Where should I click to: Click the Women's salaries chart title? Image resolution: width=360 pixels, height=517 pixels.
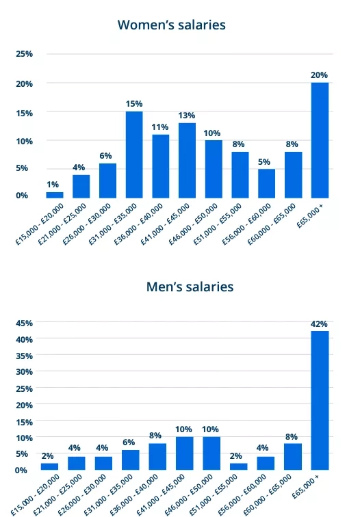(171, 25)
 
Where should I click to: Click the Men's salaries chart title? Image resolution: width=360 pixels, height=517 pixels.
(190, 286)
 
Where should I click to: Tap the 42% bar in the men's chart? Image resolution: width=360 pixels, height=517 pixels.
(320, 400)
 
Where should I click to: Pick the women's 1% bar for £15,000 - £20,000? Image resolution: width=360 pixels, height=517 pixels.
(55, 196)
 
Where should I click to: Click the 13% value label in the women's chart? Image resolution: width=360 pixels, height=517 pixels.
(187, 115)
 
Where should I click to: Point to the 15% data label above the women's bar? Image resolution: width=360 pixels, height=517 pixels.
(134, 103)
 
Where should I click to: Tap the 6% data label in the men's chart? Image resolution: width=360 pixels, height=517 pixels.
(129, 442)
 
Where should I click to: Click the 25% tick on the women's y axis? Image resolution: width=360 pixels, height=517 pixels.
(24, 54)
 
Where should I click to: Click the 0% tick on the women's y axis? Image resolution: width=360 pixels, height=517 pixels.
(23, 196)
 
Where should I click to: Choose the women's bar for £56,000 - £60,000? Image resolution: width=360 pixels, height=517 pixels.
(267, 184)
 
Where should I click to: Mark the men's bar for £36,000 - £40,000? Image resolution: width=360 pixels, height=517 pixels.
(157, 456)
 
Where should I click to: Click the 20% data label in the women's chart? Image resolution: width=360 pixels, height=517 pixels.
(320, 74)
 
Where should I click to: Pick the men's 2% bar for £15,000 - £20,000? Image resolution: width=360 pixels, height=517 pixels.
(49, 466)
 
